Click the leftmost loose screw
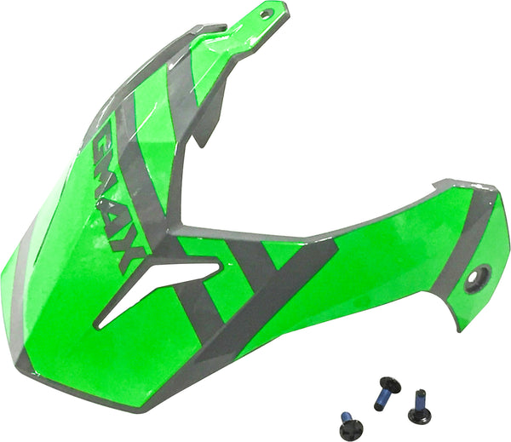(349, 423)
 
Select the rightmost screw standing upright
(418, 407)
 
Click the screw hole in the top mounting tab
(266, 14)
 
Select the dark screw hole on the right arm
(477, 277)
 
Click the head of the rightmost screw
(418, 416)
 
